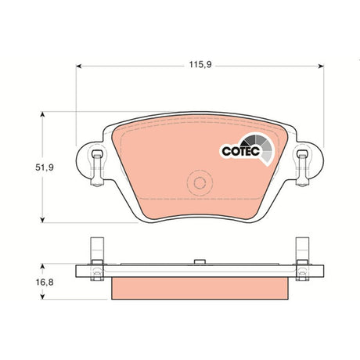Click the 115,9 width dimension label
pyautogui.click(x=200, y=64)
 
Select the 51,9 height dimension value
pyautogui.click(x=45, y=167)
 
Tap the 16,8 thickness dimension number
pyautogui.click(x=45, y=283)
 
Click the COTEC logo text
pyautogui.click(x=241, y=151)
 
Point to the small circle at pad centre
pyautogui.click(x=200, y=183)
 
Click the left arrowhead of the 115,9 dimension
pyautogui.click(x=79, y=67)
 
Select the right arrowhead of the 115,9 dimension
pyautogui.click(x=321, y=67)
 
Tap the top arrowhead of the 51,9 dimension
pyautogui.click(x=42, y=115)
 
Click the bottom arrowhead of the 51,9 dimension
pyautogui.click(x=42, y=220)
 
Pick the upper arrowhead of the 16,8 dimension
pyautogui.click(x=42, y=266)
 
